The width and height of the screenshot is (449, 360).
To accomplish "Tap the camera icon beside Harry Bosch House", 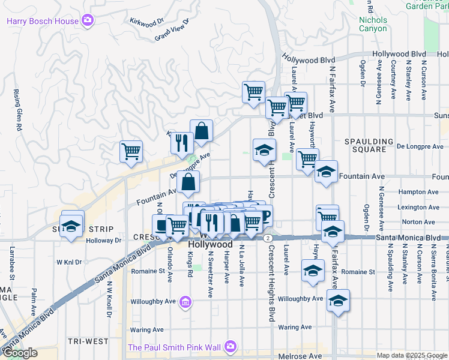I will pos(88,21).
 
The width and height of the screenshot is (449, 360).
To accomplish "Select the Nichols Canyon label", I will pos(373,24).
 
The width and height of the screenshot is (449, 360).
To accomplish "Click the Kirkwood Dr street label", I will pos(147,22).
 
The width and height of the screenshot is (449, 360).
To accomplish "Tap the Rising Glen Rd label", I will pos(17,110).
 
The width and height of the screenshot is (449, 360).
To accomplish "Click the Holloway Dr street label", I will pos(104,241).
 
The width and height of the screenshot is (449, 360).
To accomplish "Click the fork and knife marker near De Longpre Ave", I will pos(181,143).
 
